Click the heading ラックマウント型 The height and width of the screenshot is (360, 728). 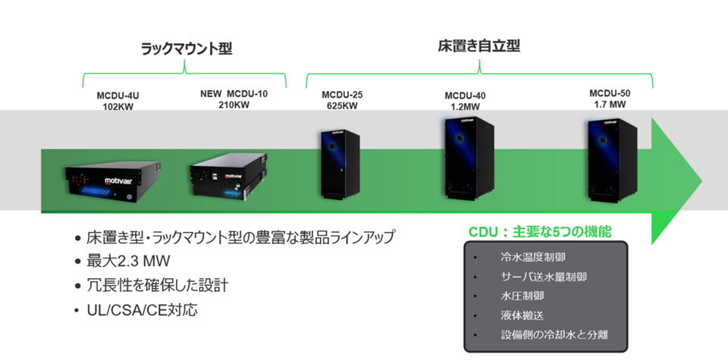click(x=186, y=49)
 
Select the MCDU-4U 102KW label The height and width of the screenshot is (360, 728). click(x=118, y=101)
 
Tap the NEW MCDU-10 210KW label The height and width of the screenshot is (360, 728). click(x=234, y=99)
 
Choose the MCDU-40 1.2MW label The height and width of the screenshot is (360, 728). click(x=465, y=101)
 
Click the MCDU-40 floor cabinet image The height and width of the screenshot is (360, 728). click(x=467, y=161)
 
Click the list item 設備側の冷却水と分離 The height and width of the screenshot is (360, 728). click(x=554, y=334)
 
